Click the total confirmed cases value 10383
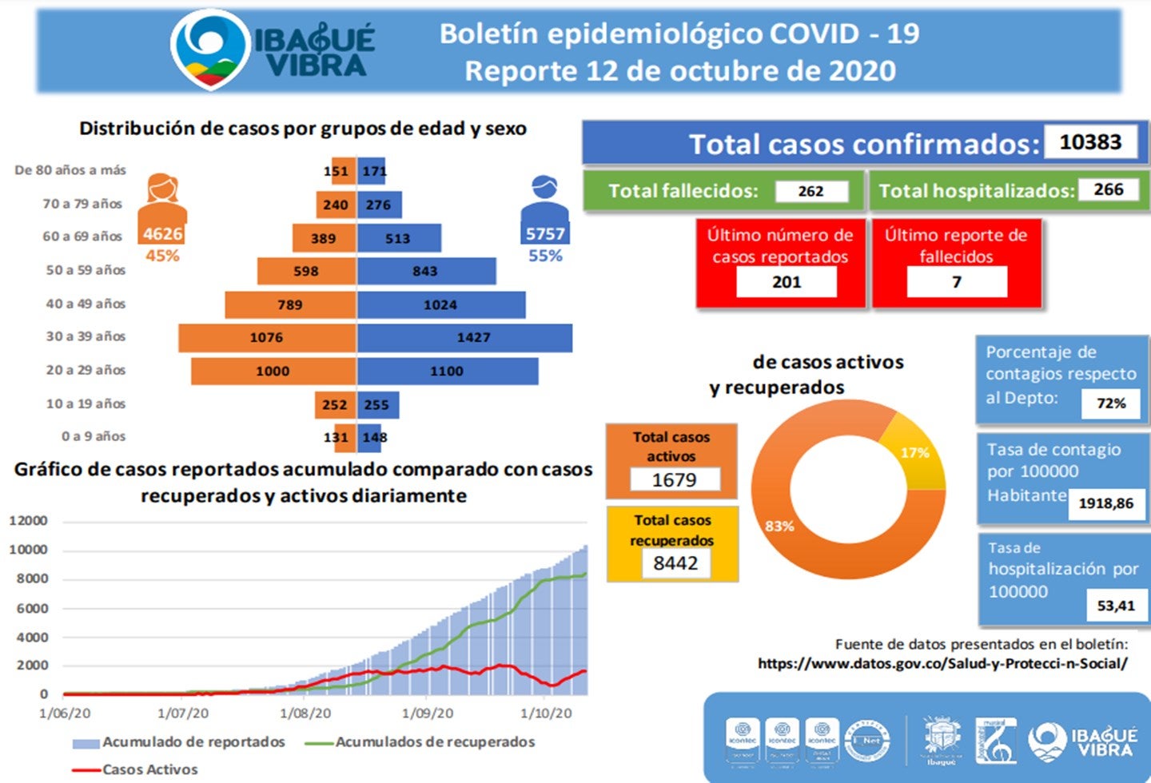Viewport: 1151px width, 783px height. [1090, 142]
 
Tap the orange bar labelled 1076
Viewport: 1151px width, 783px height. [266, 338]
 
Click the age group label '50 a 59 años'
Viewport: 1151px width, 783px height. [86, 270]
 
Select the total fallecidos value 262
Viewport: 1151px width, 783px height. [810, 191]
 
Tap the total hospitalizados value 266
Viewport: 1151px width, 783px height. [1108, 189]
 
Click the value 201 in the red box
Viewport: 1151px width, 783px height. [787, 282]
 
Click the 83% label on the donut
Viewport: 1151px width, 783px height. [779, 526]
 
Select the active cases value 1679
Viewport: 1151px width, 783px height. [675, 479]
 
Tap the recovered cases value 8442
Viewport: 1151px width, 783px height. [675, 563]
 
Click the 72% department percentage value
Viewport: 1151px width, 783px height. [1111, 403]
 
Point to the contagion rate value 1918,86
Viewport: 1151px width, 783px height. [1105, 503]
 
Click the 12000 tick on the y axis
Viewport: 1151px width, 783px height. [29, 521]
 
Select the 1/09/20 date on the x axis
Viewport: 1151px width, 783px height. [427, 713]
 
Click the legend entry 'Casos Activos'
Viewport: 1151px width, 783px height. [149, 769]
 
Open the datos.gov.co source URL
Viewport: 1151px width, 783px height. [942, 663]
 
